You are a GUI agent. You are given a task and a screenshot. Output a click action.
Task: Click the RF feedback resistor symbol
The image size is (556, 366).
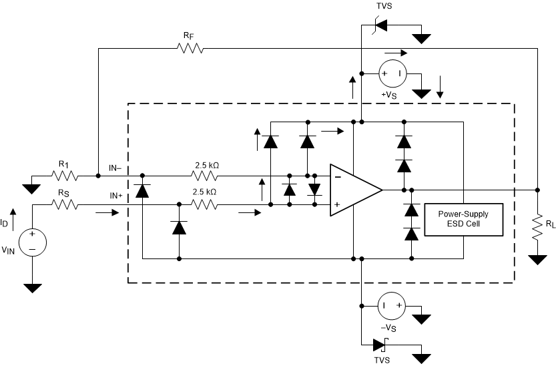190,48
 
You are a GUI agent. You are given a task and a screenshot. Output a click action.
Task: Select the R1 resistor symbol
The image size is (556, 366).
65,176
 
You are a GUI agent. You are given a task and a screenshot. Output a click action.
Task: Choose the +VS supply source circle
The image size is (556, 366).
392,73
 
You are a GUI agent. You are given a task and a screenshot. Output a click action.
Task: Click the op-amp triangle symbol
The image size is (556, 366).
354,190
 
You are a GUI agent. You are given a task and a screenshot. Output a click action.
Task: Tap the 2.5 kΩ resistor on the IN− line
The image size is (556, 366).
205,176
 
